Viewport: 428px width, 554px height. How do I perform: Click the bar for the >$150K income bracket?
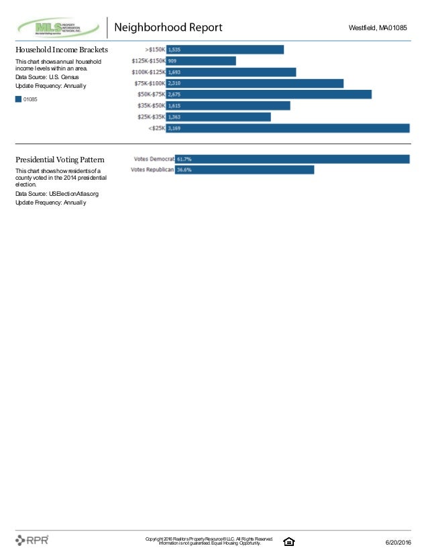pos(225,50)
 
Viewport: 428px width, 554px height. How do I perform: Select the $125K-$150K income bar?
pos(201,61)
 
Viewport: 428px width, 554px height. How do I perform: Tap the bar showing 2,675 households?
pos(268,95)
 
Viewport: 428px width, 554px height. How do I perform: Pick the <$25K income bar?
pos(288,128)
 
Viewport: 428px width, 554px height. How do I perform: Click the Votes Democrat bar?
pos(292,159)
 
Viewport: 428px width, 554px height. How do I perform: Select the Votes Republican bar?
pos(245,170)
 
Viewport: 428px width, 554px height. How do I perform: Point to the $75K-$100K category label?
pos(150,83)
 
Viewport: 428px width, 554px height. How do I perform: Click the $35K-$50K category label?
pos(151,106)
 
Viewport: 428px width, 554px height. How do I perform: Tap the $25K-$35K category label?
pos(151,117)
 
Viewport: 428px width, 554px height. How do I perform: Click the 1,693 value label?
pos(174,72)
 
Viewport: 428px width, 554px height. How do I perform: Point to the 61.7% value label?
pos(184,159)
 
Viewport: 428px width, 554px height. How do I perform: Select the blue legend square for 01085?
pos(18,99)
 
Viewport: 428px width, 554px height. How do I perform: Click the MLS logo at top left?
pos(58,27)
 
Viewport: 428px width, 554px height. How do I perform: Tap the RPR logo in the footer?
pos(32,540)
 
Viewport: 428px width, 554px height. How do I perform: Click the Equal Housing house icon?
pos(288,541)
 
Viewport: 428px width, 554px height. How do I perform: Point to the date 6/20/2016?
pos(398,543)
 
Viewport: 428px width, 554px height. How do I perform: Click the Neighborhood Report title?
pos(168,27)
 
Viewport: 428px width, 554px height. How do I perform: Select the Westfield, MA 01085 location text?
pos(378,27)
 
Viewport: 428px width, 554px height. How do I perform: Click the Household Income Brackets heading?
pos(62,50)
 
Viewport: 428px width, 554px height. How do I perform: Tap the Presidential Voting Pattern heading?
pos(60,160)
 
